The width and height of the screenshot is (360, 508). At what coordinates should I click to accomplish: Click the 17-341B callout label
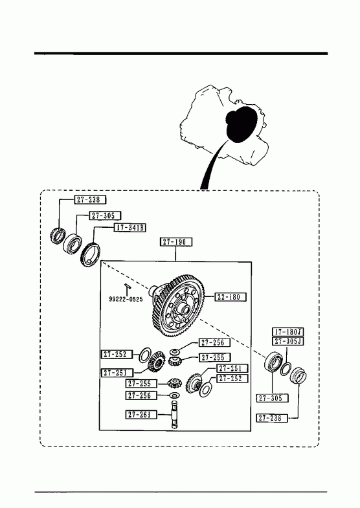click(129, 228)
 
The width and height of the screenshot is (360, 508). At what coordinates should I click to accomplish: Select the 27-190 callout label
click(176, 241)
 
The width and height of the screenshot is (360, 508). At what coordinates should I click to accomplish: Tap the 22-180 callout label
click(230, 297)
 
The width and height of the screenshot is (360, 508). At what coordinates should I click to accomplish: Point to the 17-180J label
click(287, 332)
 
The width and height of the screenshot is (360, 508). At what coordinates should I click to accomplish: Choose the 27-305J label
click(287, 341)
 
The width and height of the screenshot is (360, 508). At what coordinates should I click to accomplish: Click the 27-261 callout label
click(141, 414)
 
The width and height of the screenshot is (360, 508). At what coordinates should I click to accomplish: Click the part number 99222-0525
click(126, 300)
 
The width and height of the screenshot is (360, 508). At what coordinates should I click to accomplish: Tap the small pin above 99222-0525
click(127, 285)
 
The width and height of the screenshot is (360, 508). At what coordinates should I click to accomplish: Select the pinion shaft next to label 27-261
click(175, 415)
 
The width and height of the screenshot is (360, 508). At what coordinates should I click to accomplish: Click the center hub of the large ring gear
click(184, 309)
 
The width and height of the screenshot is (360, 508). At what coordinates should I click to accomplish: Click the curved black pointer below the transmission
click(211, 165)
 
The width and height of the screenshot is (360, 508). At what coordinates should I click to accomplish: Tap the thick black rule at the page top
click(181, 54)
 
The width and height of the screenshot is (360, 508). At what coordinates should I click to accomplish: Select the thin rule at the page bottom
click(181, 492)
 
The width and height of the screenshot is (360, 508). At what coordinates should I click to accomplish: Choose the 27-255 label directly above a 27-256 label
click(141, 384)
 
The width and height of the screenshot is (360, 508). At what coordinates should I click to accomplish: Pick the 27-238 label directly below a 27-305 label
click(273, 418)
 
